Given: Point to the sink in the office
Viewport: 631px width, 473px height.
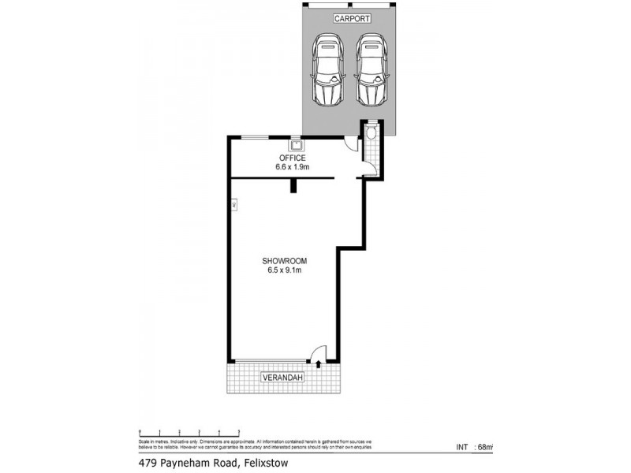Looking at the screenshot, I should (x=296, y=145).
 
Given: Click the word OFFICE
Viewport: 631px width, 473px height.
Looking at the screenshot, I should (x=292, y=158).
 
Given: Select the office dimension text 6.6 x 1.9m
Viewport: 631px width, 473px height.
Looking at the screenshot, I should (x=292, y=167).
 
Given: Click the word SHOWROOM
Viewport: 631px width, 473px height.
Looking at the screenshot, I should (x=284, y=261).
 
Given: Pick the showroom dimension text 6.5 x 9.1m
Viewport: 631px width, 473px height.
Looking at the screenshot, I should (x=284, y=270).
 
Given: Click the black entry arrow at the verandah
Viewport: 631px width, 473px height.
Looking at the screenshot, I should (x=317, y=363).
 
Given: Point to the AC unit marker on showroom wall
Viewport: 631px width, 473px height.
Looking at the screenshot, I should (x=233, y=205).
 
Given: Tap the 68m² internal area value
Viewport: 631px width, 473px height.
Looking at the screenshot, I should (x=485, y=447).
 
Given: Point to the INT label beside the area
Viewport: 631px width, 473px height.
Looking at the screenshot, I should (x=462, y=447).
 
